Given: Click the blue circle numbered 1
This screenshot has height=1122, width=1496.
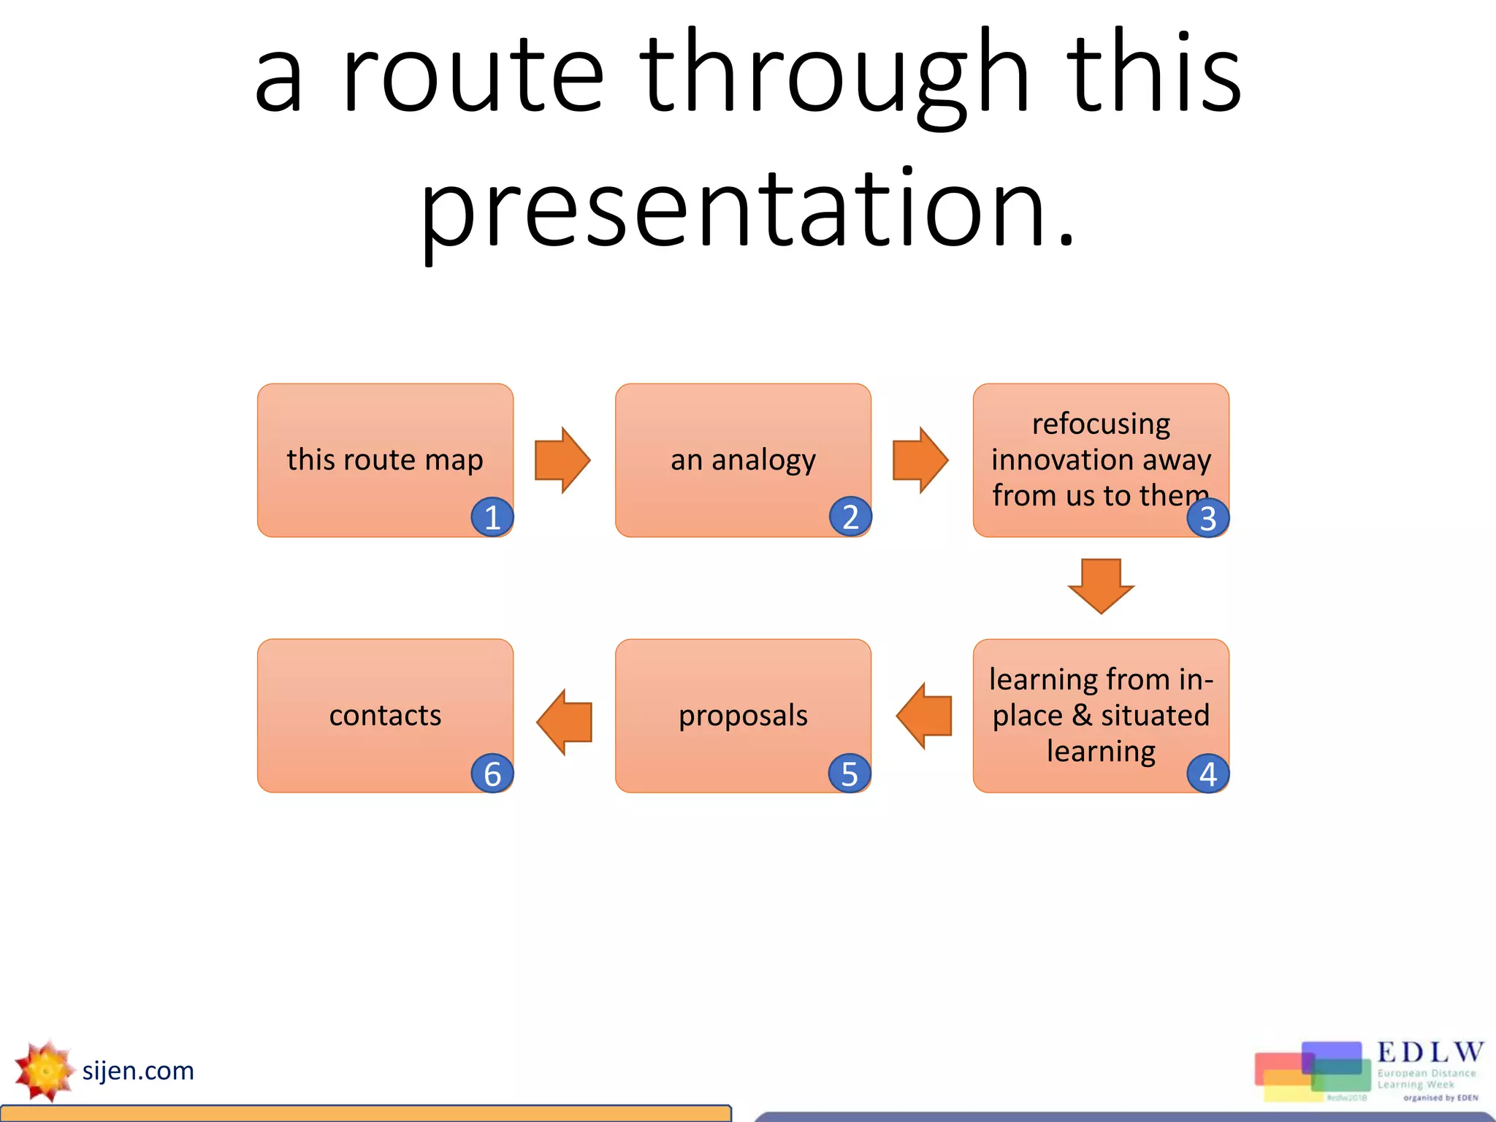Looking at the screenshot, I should (492, 517).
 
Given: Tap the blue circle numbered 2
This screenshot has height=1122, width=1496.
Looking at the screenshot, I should (850, 516).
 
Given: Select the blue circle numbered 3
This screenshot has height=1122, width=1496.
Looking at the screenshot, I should (1207, 518).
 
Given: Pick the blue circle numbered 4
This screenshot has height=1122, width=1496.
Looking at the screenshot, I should (1207, 774).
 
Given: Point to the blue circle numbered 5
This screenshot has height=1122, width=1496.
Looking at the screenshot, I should (850, 774).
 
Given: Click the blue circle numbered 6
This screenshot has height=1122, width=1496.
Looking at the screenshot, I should (492, 774).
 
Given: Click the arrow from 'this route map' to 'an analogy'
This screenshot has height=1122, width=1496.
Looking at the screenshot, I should (562, 460).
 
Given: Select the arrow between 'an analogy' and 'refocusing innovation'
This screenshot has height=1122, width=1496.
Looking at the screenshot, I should (920, 460).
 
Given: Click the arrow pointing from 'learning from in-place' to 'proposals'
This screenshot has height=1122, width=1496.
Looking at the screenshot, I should (924, 716).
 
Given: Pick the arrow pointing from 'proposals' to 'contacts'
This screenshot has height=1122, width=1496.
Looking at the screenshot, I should (565, 722).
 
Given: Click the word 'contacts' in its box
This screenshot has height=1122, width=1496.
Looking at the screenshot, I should (385, 715).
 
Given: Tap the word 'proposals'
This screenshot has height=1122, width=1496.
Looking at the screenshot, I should (743, 715).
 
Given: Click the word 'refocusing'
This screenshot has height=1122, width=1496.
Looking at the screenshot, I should (1101, 424).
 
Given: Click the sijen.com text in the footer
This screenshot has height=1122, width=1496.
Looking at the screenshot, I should (138, 1071).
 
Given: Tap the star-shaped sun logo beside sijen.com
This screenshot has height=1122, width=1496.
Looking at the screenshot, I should (45, 1071).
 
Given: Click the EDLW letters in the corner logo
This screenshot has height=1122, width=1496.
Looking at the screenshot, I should (1430, 1052).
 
